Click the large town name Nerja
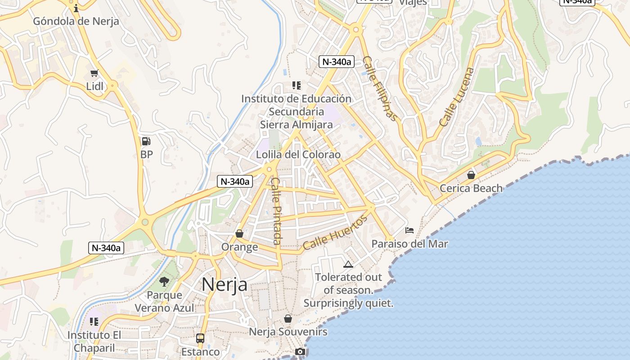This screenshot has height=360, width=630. click(x=224, y=284)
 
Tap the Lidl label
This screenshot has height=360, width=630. click(x=95, y=86)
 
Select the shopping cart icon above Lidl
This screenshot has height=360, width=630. click(x=94, y=73)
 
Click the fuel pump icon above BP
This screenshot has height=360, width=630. click(x=146, y=141)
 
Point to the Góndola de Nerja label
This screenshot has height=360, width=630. click(x=76, y=21)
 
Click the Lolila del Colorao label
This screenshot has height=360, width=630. click(x=298, y=154)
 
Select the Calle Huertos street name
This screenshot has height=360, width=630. click(x=335, y=232)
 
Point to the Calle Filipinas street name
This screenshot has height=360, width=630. click(x=380, y=89)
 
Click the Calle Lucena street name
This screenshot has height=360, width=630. click(x=457, y=97)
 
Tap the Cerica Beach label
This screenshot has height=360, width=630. click(x=471, y=188)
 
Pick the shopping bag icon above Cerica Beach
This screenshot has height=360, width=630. click(x=471, y=175)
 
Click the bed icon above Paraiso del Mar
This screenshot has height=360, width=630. click(x=409, y=230)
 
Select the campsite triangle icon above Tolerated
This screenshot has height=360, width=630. click(x=348, y=264)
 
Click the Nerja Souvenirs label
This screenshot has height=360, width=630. click(x=288, y=332)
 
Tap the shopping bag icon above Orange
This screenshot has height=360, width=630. click(x=239, y=234)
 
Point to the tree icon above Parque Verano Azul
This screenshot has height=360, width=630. click(x=164, y=282)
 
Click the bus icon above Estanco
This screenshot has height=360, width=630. click(x=200, y=338)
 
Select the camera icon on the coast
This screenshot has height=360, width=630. click(x=300, y=351)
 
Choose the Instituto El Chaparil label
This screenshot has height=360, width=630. click(x=94, y=341)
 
